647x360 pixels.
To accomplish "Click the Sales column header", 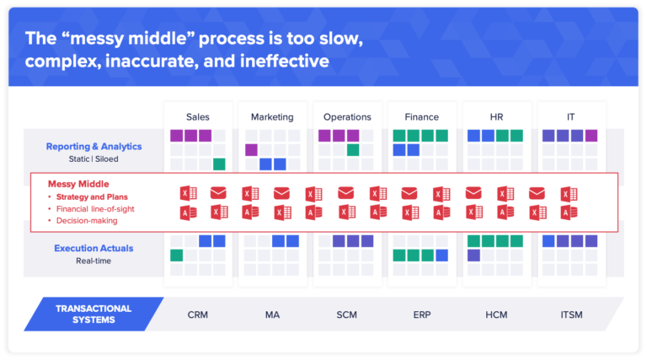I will click(198, 116).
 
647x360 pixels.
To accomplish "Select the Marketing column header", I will click(272, 116).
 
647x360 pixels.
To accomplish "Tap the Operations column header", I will click(347, 116).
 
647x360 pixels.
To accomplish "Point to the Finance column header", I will click(421, 116).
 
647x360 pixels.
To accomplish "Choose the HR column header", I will click(496, 116).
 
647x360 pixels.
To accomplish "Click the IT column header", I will click(570, 116).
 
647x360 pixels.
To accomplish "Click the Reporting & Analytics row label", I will click(94, 146).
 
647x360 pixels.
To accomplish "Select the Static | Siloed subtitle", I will click(94, 159).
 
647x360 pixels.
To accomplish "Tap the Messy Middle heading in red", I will click(80, 184).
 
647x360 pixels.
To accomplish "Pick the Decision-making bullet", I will click(87, 220).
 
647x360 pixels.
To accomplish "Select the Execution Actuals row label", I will click(94, 248).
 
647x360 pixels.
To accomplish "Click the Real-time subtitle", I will click(94, 261).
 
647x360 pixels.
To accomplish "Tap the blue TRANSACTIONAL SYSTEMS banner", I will click(94, 314).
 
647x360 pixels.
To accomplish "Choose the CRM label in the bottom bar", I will click(198, 315).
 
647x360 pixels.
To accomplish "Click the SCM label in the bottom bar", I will click(347, 315).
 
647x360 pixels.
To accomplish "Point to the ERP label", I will click(421, 315).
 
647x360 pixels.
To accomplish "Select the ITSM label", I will click(570, 315).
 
